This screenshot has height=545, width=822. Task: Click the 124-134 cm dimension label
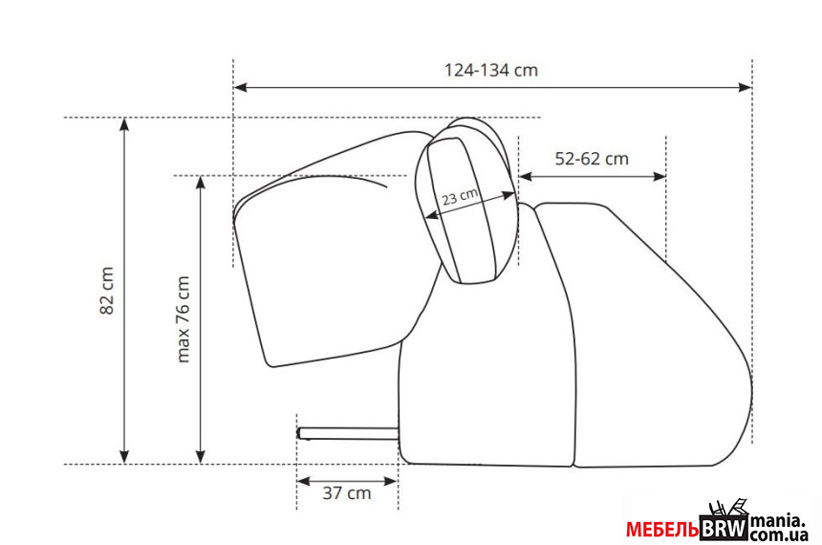pyautogui.click(x=491, y=71)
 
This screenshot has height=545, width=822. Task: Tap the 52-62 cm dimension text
pyautogui.click(x=592, y=159)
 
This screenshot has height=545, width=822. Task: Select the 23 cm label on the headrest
pyautogui.click(x=460, y=197)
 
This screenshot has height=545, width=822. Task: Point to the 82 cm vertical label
pyautogui.click(x=106, y=291)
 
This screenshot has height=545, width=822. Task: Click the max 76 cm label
pyautogui.click(x=183, y=319)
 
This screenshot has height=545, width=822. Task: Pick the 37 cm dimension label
pyautogui.click(x=347, y=493)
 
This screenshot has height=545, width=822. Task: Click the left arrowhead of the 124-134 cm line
pyautogui.click(x=240, y=87)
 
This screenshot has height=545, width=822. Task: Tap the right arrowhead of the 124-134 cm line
pyautogui.click(x=745, y=87)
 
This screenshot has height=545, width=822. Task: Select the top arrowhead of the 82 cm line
pyautogui.click(x=124, y=124)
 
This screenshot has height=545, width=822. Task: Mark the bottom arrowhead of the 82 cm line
pyautogui.click(x=124, y=457)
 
